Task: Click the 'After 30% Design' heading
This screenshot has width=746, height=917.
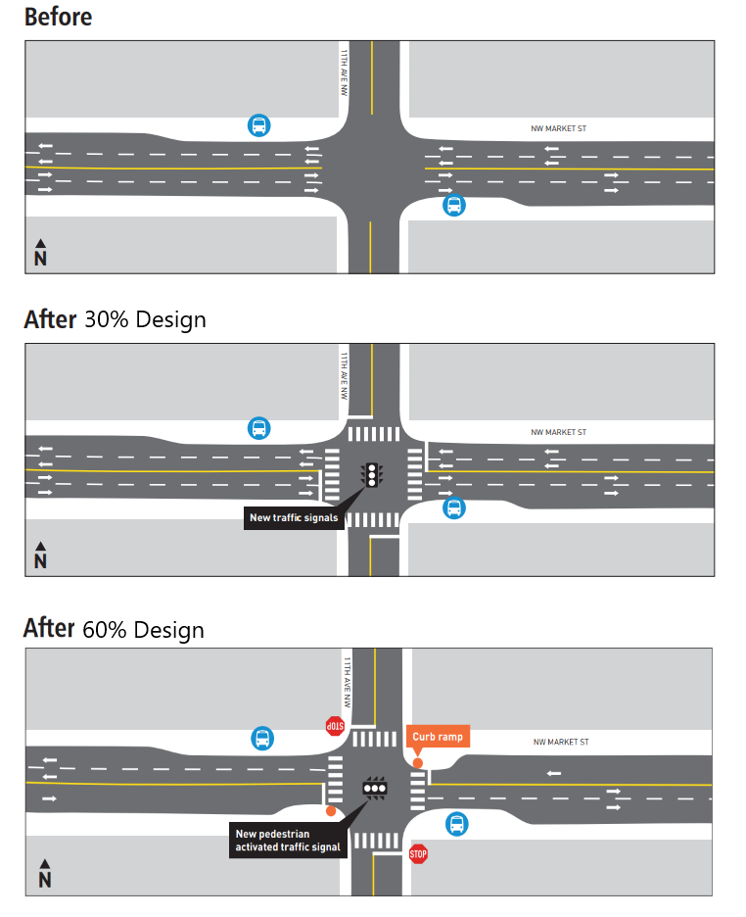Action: (x=115, y=319)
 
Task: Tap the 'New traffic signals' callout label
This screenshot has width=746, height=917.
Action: (x=295, y=517)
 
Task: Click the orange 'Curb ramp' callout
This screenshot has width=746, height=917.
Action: (x=438, y=736)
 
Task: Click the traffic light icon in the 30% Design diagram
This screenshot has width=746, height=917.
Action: (x=372, y=475)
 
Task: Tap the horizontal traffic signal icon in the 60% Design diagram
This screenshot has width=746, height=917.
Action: (x=375, y=787)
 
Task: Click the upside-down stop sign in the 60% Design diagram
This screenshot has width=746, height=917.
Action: (x=335, y=726)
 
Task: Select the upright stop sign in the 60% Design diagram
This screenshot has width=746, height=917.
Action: (x=419, y=854)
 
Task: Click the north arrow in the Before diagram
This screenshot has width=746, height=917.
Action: (x=40, y=253)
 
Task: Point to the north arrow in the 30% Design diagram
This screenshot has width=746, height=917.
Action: (x=40, y=555)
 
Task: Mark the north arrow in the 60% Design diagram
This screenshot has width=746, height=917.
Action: (x=44, y=874)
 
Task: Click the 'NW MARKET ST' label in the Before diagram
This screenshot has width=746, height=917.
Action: (x=559, y=128)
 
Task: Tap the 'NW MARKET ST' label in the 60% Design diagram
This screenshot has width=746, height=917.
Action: (x=562, y=743)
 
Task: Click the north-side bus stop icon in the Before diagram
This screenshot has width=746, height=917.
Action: (x=258, y=125)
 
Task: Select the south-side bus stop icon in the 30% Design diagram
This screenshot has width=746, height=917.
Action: (x=453, y=507)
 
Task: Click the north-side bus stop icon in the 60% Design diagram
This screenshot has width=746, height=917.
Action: (x=262, y=738)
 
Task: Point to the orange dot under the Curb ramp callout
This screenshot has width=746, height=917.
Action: (x=418, y=763)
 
